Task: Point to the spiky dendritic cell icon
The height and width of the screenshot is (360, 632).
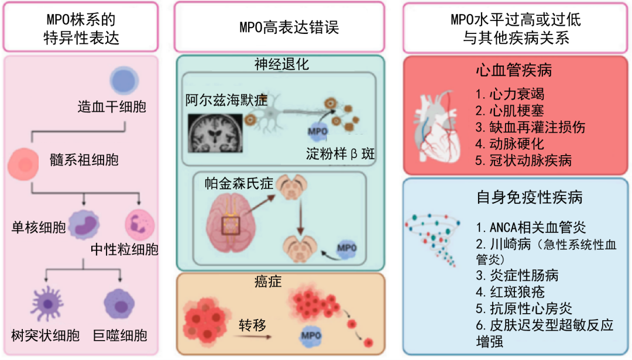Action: pyautogui.click(x=47, y=303)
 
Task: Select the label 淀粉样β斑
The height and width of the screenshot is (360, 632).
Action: pyautogui.click(x=340, y=155)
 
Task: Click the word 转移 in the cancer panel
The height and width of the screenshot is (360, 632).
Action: pyautogui.click(x=253, y=325)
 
